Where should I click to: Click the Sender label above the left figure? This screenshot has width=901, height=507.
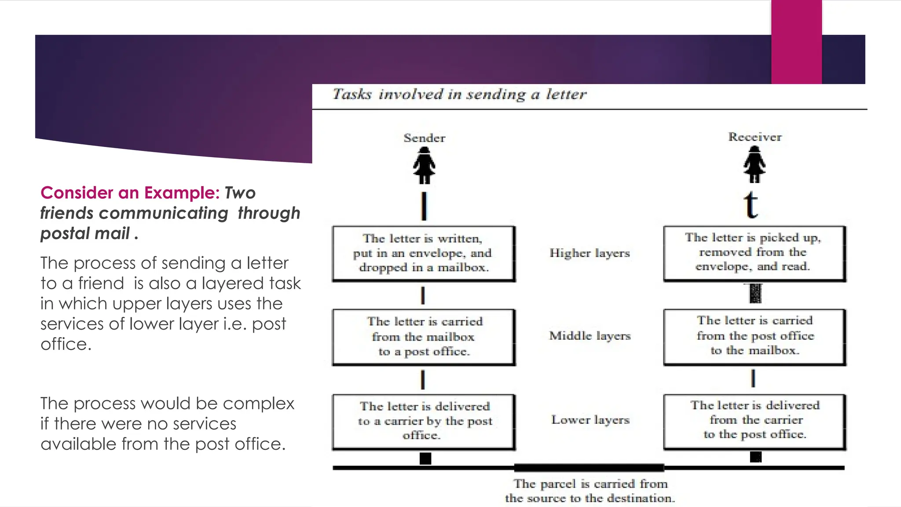tap(424, 138)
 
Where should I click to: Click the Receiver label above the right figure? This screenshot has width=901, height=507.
tap(755, 137)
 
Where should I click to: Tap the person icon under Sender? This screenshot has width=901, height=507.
tap(424, 165)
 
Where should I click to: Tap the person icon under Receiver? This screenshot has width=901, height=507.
tap(754, 165)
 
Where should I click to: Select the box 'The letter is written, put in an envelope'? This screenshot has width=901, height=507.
tap(424, 253)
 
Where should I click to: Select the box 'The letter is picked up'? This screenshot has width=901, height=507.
tap(754, 253)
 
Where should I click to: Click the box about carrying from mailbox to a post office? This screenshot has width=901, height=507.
tap(424, 337)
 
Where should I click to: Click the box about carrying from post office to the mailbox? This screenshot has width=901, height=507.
tap(754, 336)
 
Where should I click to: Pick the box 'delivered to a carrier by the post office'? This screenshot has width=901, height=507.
tap(424, 422)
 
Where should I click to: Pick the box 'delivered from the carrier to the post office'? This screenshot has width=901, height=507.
tap(754, 421)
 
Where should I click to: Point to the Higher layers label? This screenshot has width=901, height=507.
tap(590, 253)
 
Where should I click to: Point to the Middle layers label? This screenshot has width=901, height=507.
tap(590, 336)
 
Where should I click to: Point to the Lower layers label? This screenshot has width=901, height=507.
tap(590, 420)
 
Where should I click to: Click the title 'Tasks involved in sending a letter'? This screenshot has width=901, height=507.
tap(459, 95)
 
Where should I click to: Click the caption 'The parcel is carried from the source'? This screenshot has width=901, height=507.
tap(590, 491)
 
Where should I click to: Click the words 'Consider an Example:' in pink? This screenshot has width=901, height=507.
tap(130, 193)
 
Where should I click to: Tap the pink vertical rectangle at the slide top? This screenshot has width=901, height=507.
tap(796, 42)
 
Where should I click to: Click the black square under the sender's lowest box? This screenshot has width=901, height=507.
tap(425, 459)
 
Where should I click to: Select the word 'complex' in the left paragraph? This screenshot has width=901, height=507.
tap(264, 404)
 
